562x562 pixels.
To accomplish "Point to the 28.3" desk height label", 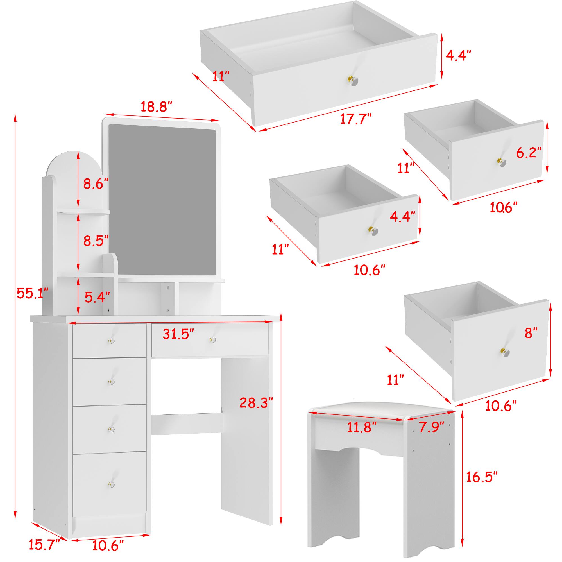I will [256, 403].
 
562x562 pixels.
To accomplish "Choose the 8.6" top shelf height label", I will [96, 184].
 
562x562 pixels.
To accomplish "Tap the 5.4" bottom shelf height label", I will [97, 297].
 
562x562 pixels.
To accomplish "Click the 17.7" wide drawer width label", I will [356, 119].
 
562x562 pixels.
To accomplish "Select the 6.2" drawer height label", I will [529, 152].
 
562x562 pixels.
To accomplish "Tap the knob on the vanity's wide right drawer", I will [212, 339].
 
